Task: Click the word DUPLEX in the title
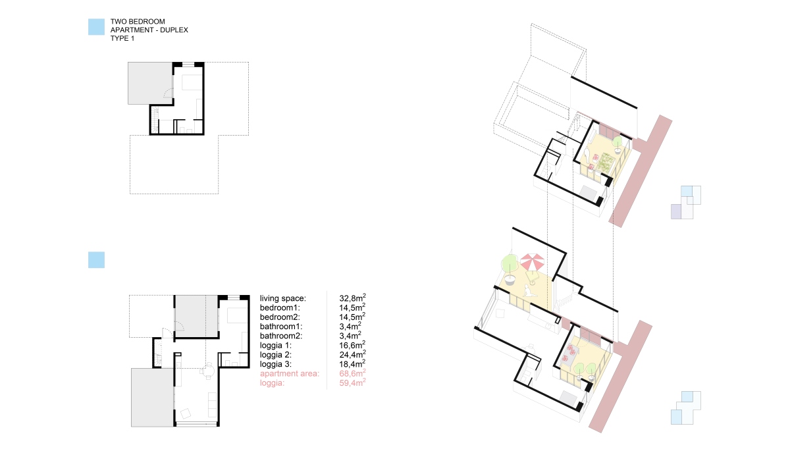[174, 30]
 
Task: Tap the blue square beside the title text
[96, 27]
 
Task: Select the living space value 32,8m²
[352, 298]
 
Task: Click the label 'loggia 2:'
[276, 355]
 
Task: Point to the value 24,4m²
[352, 354]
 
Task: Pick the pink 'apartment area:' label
[290, 373]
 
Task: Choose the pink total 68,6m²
[352, 373]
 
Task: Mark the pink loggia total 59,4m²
[352, 383]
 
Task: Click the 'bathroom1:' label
[281, 327]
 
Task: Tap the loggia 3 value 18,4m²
[352, 363]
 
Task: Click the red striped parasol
[532, 263]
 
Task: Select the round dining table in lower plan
[209, 371]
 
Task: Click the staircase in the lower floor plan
[158, 353]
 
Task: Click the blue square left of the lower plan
[96, 260]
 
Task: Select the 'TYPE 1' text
[122, 38]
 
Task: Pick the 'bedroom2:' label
[280, 317]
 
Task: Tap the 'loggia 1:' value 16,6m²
[352, 345]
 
